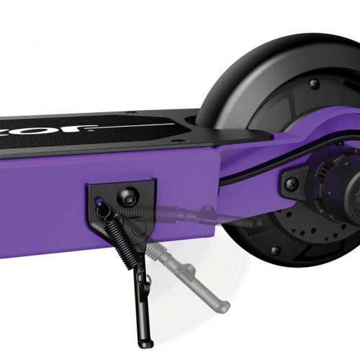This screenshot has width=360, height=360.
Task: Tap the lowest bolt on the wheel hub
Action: [274, 251]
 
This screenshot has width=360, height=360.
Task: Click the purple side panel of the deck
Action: [43, 194]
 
